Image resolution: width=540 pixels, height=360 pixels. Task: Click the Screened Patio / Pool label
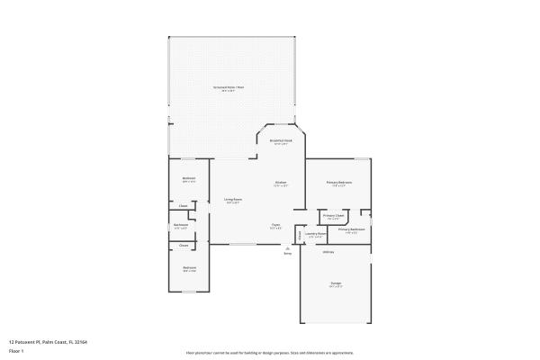pos(229,87)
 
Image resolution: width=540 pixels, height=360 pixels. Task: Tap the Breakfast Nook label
pos(280,140)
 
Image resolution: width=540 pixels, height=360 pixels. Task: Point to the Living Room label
pos(232,200)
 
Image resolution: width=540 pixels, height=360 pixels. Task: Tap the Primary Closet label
pos(333,216)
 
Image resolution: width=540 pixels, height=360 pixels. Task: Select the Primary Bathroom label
pos(351,229)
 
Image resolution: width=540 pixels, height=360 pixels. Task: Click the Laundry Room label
pos(315,233)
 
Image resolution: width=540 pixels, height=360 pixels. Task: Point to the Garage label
pos(335,283)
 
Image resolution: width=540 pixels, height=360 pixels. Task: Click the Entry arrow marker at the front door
pos(287,247)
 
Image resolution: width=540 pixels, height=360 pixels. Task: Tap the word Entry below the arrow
pos(287,254)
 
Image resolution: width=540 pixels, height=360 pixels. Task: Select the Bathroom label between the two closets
pos(181,225)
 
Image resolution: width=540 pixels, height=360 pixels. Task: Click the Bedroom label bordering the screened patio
pos(189,178)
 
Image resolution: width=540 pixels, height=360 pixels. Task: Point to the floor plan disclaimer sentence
pos(269,353)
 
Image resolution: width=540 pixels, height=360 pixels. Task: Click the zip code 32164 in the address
pos(80,342)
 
